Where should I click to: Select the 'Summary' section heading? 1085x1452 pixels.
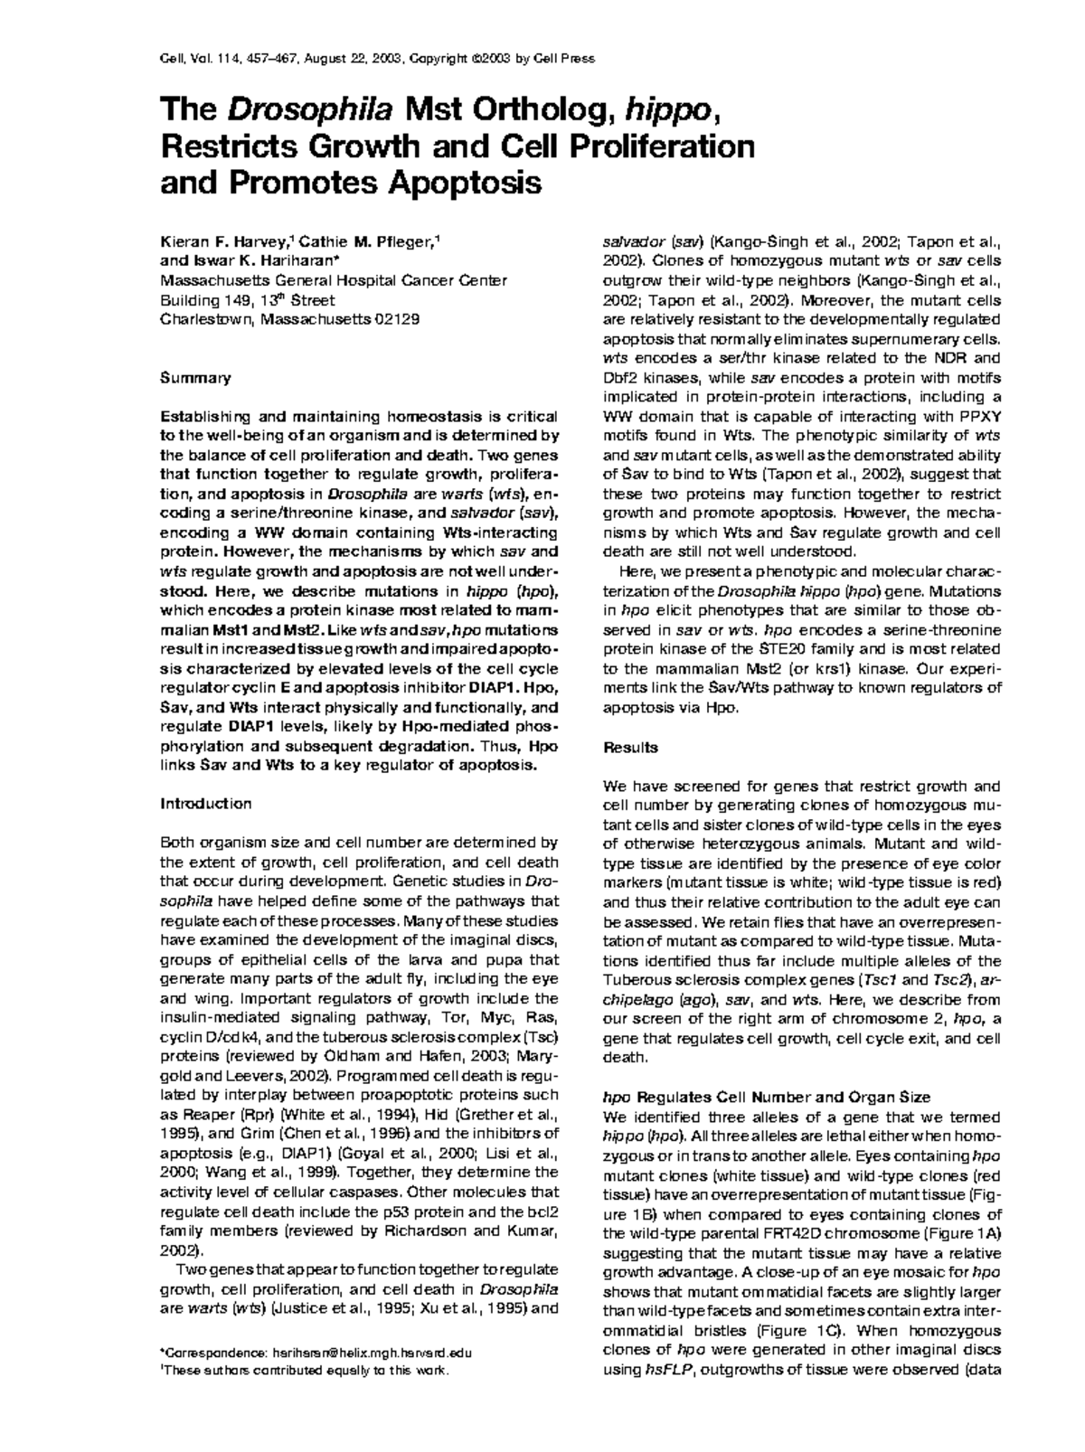tap(195, 378)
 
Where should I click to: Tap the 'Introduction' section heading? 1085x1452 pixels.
tap(205, 804)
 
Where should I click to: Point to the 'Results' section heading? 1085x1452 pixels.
tap(630, 748)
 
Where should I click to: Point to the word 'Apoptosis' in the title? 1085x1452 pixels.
tap(465, 183)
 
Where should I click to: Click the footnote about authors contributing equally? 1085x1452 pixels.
tap(304, 1371)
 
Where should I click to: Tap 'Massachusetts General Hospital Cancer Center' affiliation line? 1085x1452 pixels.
tap(334, 281)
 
